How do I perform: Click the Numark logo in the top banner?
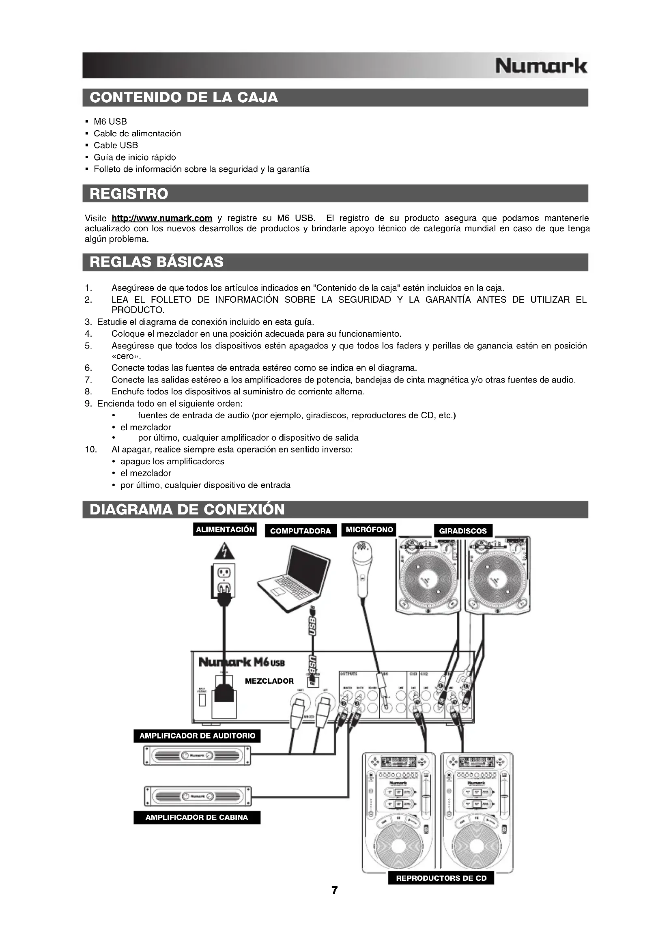pos(540,66)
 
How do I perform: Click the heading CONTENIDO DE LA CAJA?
pos(183,97)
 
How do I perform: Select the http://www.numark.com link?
pos(162,218)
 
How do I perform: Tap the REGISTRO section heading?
pos(129,194)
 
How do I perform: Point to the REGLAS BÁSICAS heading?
pos(156,262)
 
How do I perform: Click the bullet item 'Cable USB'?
pos(116,145)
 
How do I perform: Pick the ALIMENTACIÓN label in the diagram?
pos(225,529)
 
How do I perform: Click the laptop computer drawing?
pos(294,578)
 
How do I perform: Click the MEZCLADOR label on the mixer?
pos(269,681)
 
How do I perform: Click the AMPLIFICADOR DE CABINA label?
pos(197,818)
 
